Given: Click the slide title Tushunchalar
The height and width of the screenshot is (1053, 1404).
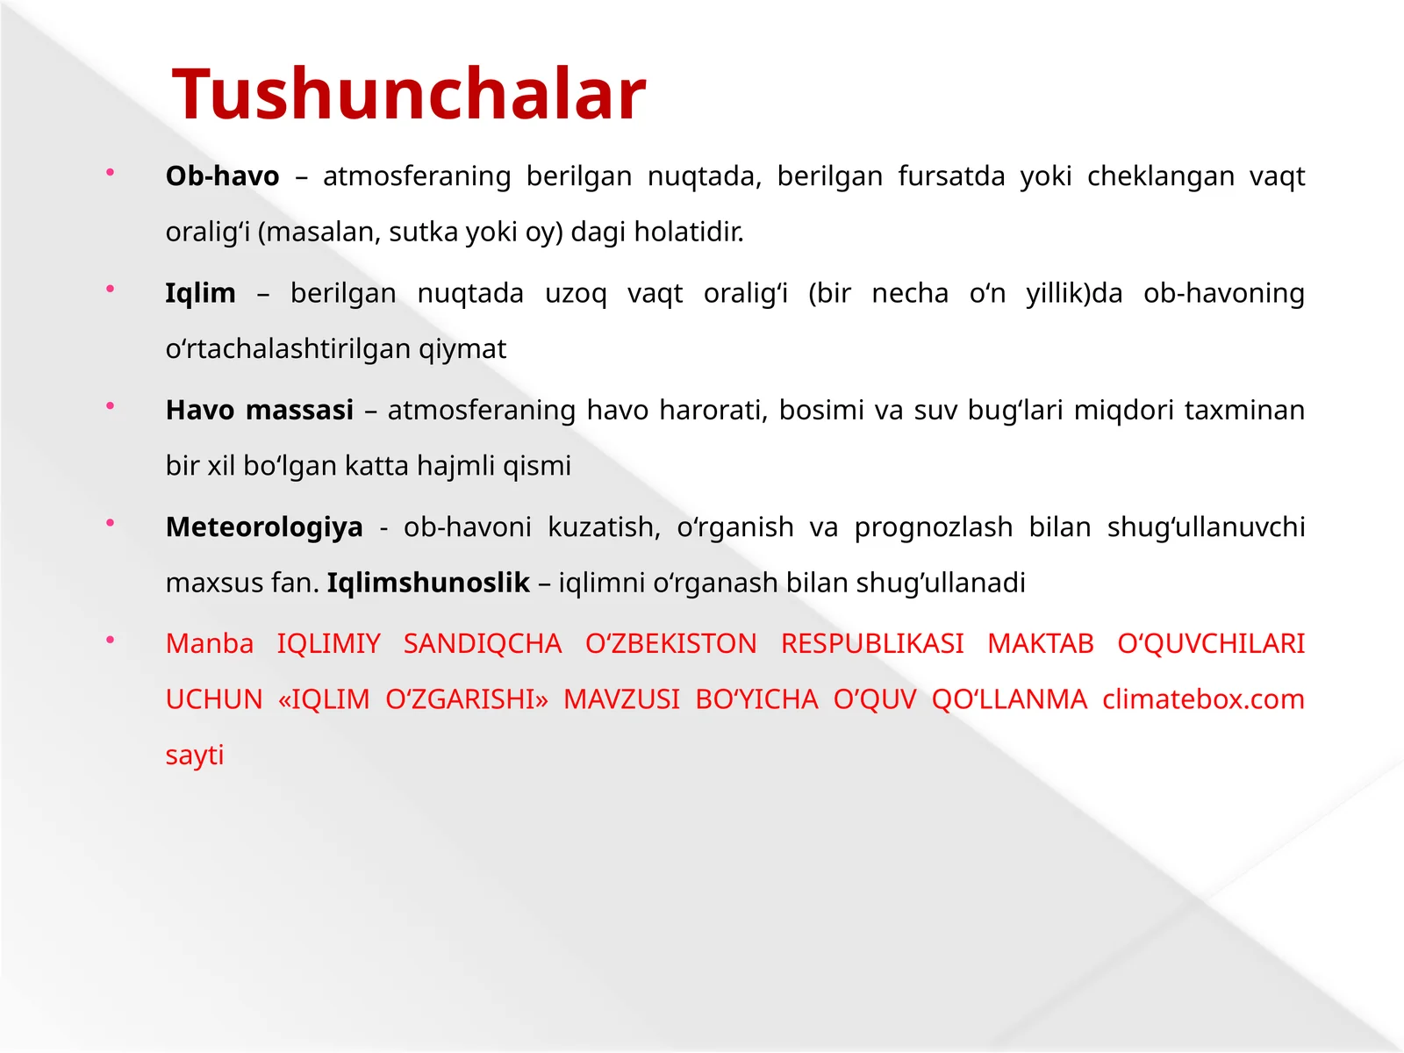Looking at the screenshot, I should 409,94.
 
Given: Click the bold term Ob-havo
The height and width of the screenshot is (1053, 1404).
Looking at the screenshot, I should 222,176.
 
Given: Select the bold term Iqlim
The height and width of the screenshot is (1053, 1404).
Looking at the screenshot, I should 200,293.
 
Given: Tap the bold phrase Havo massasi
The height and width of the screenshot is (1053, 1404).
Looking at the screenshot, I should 260,410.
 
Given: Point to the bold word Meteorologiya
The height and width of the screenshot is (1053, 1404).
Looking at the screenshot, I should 264,526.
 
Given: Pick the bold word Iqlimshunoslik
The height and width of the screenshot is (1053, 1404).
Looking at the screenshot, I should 428,583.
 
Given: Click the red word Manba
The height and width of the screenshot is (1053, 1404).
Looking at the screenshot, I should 210,644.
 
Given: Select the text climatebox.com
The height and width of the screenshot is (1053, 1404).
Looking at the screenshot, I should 1203,699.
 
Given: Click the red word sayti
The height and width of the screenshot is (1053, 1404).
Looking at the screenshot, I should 195,755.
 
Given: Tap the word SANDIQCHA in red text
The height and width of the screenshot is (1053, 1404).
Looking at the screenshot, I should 483,644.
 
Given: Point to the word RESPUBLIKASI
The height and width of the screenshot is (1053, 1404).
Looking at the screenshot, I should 872,644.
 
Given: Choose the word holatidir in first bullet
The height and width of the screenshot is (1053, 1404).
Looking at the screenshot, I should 689,233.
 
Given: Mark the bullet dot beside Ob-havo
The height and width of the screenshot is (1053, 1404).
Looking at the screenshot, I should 110,173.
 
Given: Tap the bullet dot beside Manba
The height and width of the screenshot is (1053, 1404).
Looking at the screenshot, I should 110,641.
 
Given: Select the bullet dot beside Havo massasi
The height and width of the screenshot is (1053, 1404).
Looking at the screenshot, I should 110,406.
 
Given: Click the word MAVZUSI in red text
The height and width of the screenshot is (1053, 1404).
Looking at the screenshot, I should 621,699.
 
